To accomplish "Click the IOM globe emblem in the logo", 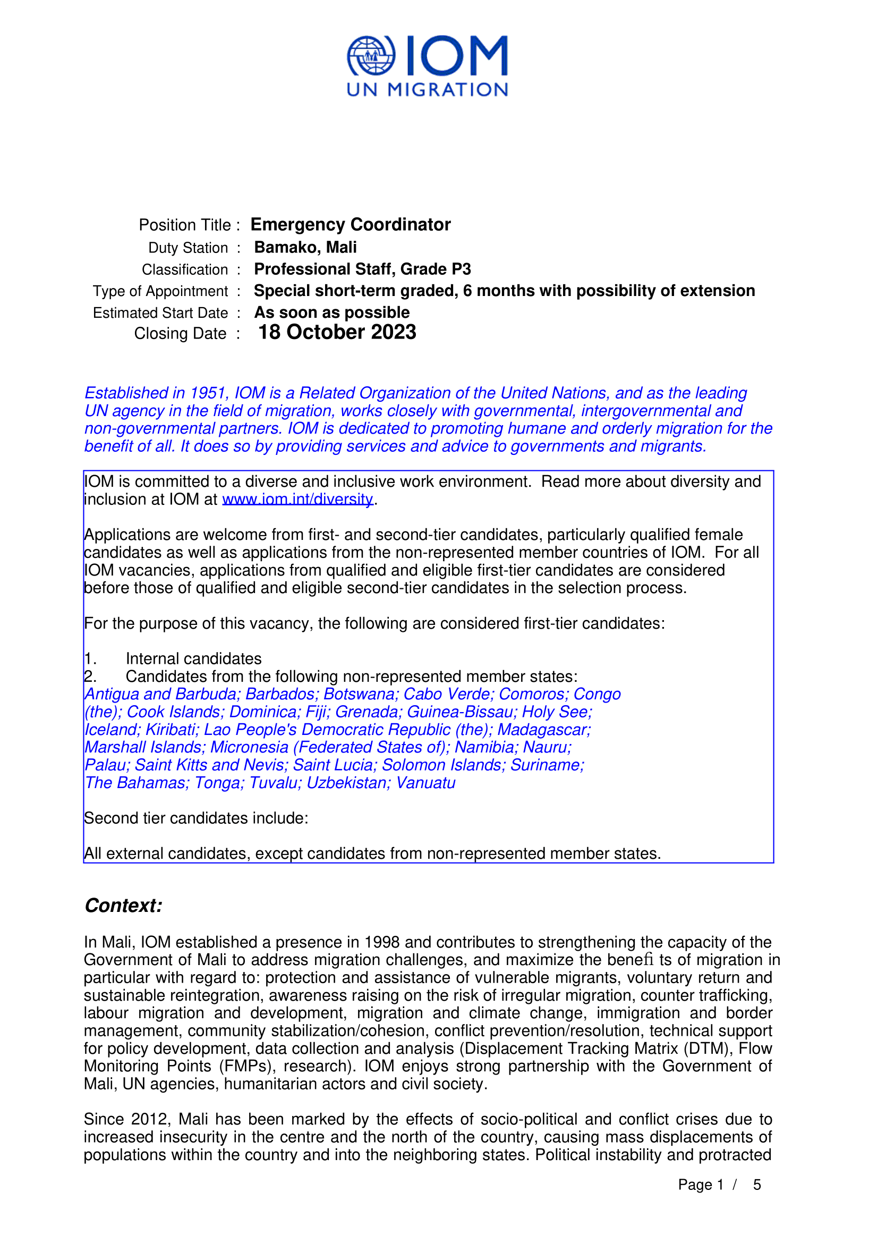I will click(x=371, y=55).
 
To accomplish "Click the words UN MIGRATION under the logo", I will click(x=428, y=90).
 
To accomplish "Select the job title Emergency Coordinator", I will click(x=351, y=225).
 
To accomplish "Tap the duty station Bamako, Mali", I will click(x=305, y=248).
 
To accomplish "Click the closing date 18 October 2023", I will click(x=337, y=332).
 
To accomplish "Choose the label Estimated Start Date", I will click(x=160, y=313).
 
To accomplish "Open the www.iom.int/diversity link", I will click(x=297, y=499).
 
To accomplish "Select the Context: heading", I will click(x=123, y=906).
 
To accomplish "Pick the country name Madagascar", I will click(x=544, y=730).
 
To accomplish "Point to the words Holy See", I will click(x=557, y=712).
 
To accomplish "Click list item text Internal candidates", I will click(x=194, y=659).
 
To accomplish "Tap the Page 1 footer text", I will click(x=701, y=1185).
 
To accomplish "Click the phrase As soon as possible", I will click(x=331, y=312).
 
